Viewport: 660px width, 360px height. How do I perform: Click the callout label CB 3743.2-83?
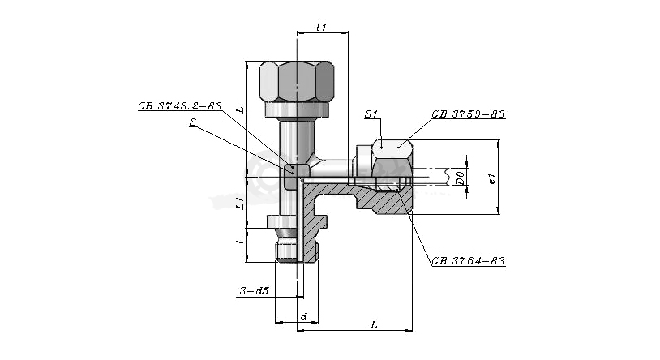click(180, 106)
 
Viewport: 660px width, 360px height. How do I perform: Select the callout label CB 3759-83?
click(468, 114)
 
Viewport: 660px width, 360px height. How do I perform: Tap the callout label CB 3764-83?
click(468, 261)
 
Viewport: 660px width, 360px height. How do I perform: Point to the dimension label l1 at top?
click(322, 28)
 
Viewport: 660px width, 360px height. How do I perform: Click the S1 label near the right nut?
click(371, 114)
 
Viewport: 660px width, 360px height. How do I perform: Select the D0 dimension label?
click(461, 178)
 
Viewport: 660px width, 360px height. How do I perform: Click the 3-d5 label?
click(255, 290)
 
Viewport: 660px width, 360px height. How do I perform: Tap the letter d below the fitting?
click(304, 317)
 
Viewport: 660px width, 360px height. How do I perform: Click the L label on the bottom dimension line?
click(373, 324)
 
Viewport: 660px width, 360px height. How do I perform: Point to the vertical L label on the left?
click(240, 109)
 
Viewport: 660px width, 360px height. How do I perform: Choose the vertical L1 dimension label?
click(240, 203)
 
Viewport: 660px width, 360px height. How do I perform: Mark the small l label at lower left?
click(240, 242)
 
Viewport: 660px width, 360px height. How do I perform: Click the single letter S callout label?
click(193, 122)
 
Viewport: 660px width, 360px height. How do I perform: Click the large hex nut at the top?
click(297, 81)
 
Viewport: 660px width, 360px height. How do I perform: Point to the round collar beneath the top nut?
click(297, 109)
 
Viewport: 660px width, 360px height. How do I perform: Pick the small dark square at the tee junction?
click(291, 170)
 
